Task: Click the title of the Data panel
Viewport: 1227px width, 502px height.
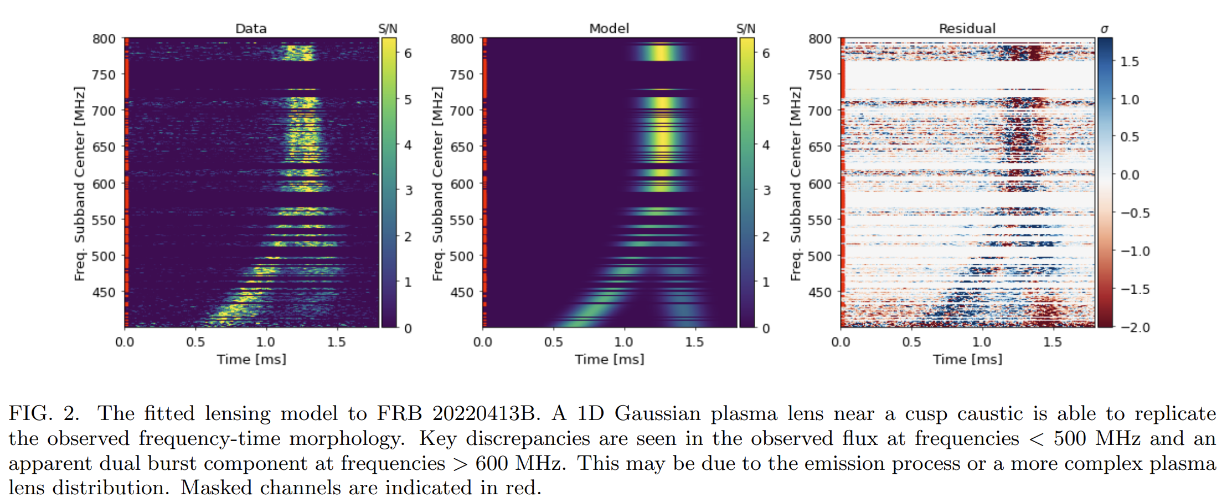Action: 251,28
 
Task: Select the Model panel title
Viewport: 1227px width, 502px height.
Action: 609,28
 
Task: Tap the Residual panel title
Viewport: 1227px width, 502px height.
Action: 967,28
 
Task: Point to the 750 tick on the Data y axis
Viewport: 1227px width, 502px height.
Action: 104,75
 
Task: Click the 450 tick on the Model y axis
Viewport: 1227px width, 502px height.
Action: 462,292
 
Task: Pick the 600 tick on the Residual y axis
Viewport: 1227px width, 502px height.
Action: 820,184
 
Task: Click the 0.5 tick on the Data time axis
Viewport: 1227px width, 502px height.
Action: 195,342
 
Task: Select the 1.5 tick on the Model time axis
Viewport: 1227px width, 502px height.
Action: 694,342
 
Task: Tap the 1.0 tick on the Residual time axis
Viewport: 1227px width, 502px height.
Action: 982,342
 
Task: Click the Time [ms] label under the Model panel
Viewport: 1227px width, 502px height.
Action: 609,359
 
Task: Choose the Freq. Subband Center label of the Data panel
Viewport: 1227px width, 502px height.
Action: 80,183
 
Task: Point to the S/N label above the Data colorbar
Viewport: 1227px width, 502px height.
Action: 388,29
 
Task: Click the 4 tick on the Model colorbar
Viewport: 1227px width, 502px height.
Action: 766,145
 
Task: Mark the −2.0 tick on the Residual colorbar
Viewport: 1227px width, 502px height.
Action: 1135,327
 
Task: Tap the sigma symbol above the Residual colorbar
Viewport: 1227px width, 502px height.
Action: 1104,29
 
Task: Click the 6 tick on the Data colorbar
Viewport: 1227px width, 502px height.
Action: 408,53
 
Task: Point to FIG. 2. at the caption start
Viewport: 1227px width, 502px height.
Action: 44,413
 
